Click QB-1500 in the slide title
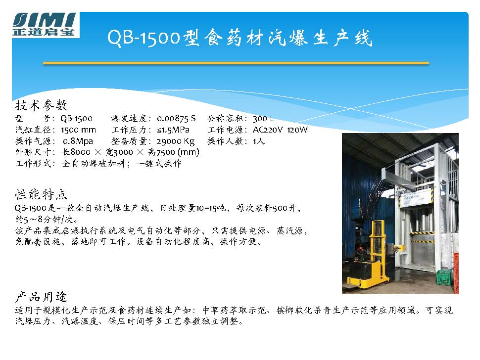tap(144, 38)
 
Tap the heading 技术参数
tap(42, 105)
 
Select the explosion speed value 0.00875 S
tap(176, 118)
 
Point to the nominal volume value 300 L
tap(263, 118)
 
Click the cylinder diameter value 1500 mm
tap(78, 130)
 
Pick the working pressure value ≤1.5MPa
tap(173, 130)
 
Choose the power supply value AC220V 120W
tap(280, 130)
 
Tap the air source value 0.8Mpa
tap(78, 141)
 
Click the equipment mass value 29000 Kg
tap(176, 141)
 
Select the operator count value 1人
tap(259, 141)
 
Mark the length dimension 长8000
tap(76, 152)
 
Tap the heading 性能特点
tap(41, 194)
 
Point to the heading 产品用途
tap(42, 296)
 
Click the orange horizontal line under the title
tap(236, 63)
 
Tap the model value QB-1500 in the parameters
tap(76, 118)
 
